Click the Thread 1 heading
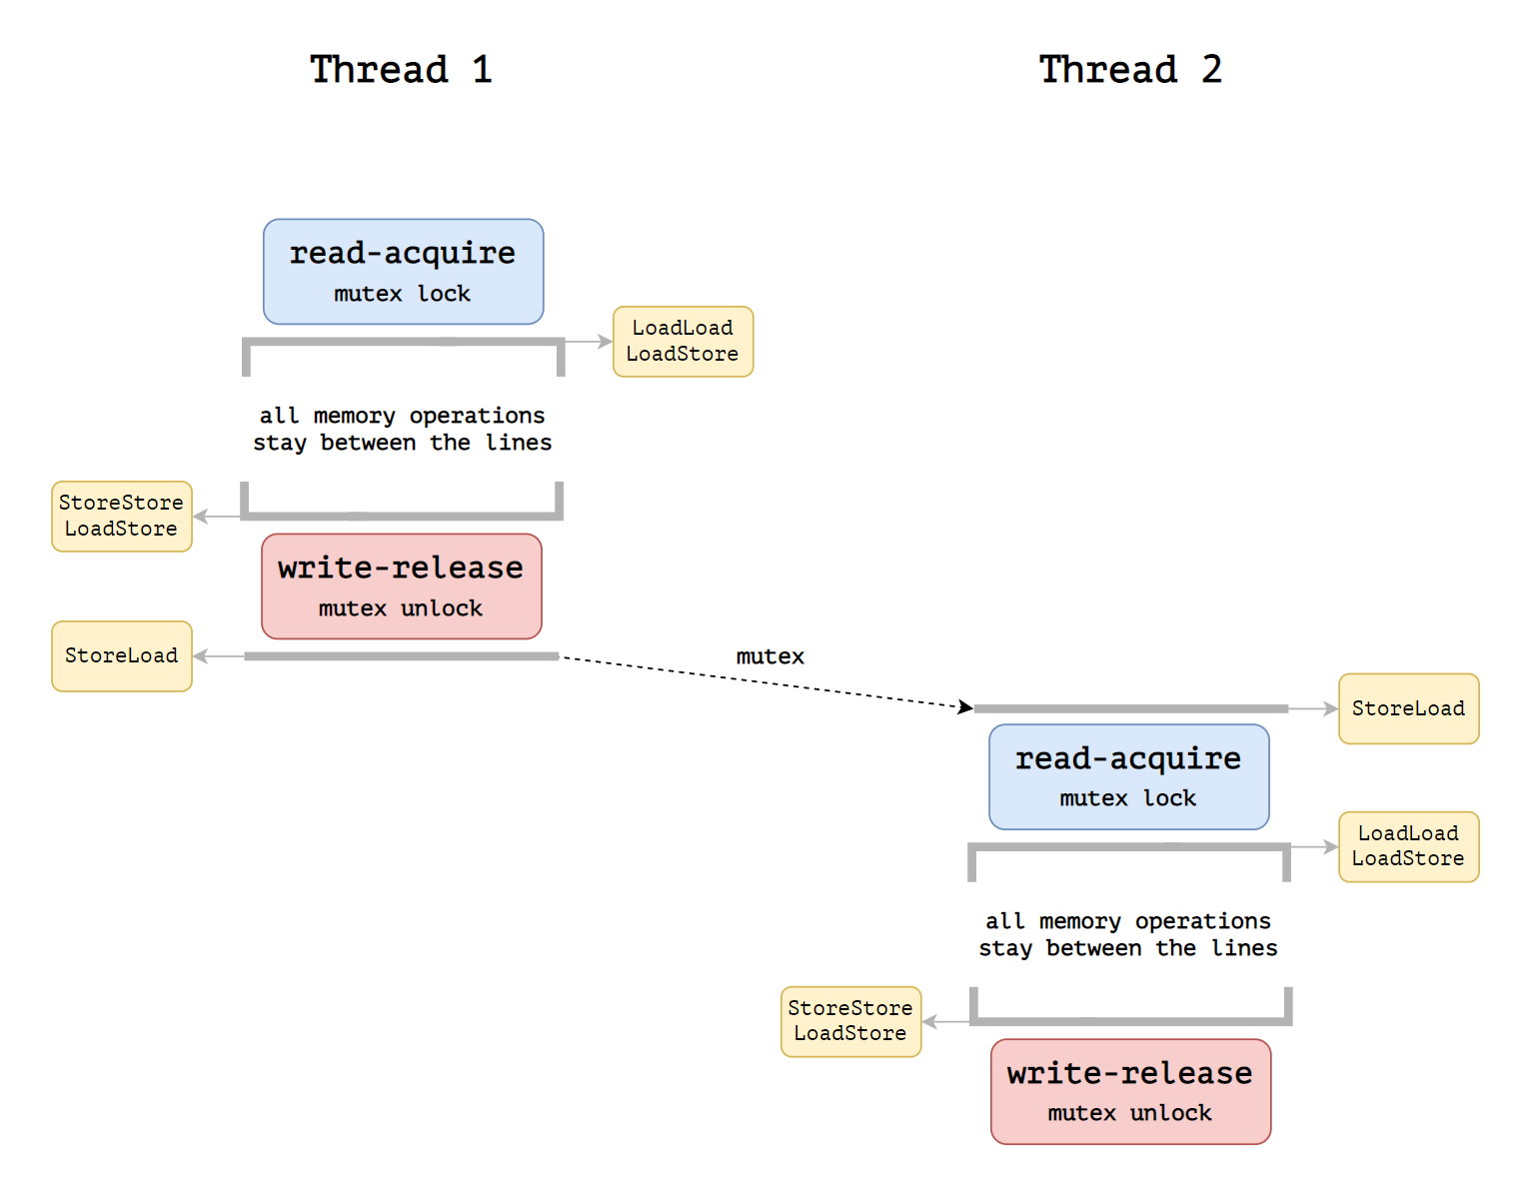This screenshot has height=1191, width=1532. point(401,70)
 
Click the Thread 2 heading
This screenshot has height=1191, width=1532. point(1130,70)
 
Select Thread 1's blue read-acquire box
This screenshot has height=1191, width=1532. point(404,272)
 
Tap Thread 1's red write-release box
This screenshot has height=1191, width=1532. point(402,587)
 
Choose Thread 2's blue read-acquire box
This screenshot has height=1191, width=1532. point(1129,776)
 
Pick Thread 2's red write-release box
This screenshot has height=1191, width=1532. point(1131,1092)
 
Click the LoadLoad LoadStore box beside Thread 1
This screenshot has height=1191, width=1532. point(684,342)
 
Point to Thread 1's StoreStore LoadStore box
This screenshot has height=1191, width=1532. point(122,517)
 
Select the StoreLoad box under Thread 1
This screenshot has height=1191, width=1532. point(122,656)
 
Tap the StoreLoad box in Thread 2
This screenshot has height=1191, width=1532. point(1409,709)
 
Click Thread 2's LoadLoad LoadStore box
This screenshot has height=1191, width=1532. point(1409,847)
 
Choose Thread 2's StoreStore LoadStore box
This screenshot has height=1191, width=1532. point(851,1022)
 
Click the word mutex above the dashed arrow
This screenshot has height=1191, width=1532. point(769,656)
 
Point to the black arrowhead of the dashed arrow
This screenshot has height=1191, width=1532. point(966,706)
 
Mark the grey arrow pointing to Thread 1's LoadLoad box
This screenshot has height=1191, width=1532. point(589,342)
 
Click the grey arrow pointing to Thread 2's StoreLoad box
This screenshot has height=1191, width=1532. point(1313,709)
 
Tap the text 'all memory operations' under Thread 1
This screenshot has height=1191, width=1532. point(402,416)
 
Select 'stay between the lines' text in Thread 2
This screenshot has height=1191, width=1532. point(1128,948)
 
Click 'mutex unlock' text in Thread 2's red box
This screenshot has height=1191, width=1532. point(1129,1113)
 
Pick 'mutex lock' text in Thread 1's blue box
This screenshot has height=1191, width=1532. point(402,293)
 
